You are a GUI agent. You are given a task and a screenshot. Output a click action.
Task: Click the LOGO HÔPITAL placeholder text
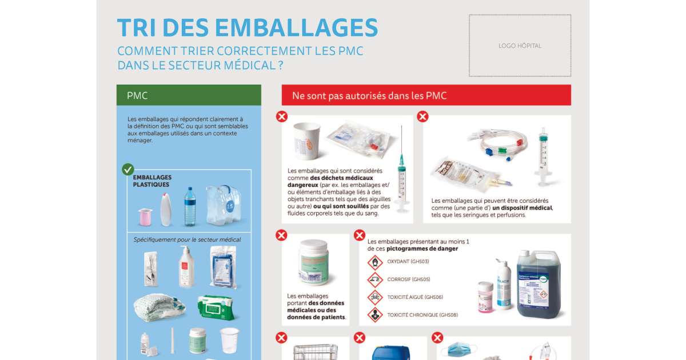520,46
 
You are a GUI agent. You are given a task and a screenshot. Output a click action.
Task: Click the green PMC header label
137,95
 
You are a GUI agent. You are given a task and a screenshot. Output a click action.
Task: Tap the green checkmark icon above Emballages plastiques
128,170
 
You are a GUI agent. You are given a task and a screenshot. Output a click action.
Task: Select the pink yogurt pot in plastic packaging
145,217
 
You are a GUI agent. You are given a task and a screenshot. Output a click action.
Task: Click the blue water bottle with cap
190,207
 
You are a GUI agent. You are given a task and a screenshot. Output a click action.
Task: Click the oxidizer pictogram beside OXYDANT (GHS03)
375,262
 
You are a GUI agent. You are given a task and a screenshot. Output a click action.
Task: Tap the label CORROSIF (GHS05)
408,279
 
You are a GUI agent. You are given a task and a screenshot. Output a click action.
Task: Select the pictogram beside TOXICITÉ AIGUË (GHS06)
375,297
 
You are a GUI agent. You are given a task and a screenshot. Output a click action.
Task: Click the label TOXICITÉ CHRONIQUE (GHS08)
422,315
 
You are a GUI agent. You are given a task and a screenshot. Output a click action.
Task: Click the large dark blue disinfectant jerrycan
539,284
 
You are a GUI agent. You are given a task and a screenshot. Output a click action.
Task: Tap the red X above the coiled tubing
422,117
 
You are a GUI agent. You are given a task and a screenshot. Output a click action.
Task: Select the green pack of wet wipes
217,307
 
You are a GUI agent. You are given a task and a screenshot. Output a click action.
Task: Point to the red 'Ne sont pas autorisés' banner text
369,95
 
